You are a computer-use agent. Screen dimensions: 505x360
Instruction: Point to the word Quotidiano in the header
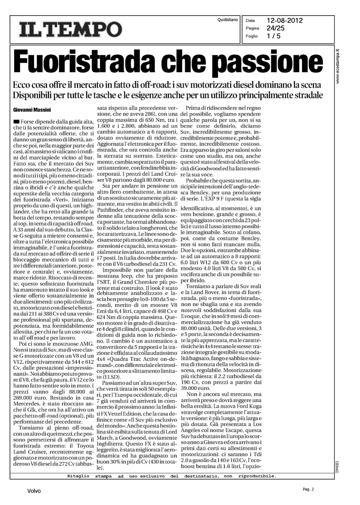(x=228, y=20)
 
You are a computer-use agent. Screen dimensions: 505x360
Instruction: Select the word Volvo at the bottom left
(x=34, y=491)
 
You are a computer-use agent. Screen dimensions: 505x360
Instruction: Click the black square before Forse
(x=16, y=121)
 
